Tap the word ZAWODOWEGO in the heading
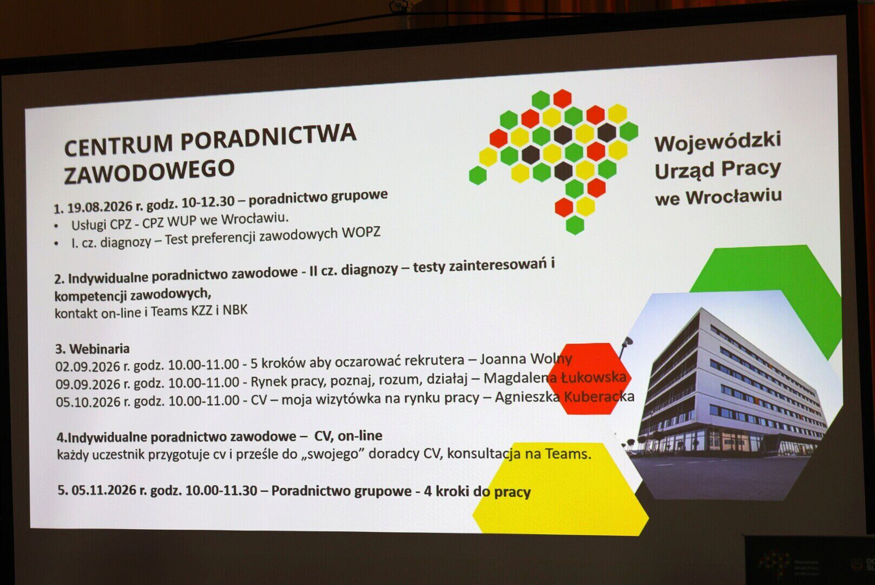click(x=149, y=171)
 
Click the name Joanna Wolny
click(x=526, y=359)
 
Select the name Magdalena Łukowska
click(x=555, y=378)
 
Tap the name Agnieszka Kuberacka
click(x=564, y=396)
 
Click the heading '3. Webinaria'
click(x=92, y=348)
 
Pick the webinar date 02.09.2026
click(x=88, y=366)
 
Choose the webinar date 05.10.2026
click(x=88, y=401)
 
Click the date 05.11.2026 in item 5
click(x=103, y=490)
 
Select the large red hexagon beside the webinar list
click(x=589, y=378)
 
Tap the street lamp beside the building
click(x=626, y=347)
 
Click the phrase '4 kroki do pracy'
click(x=477, y=491)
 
